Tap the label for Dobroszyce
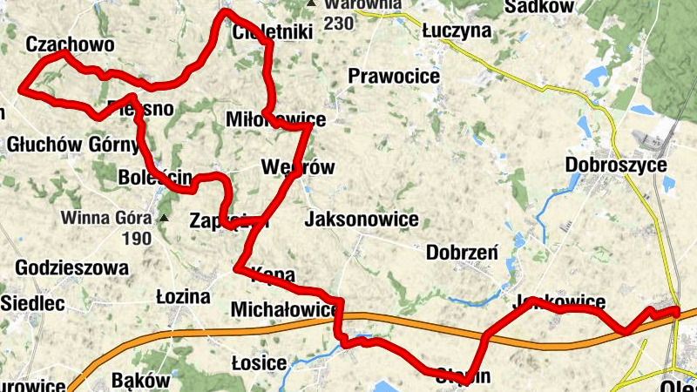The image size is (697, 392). pos(616,165)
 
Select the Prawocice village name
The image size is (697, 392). pos(393,77)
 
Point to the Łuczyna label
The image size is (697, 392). pos(457,31)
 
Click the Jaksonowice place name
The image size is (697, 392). pos(362,220)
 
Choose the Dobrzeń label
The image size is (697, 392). pos(462,253)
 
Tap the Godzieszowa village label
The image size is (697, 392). pos(72,267)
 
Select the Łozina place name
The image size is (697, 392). pos(183,297)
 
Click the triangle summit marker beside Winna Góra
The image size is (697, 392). pos(163,217)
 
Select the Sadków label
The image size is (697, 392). pos(541,7)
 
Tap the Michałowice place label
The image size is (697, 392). pos(284,310)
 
